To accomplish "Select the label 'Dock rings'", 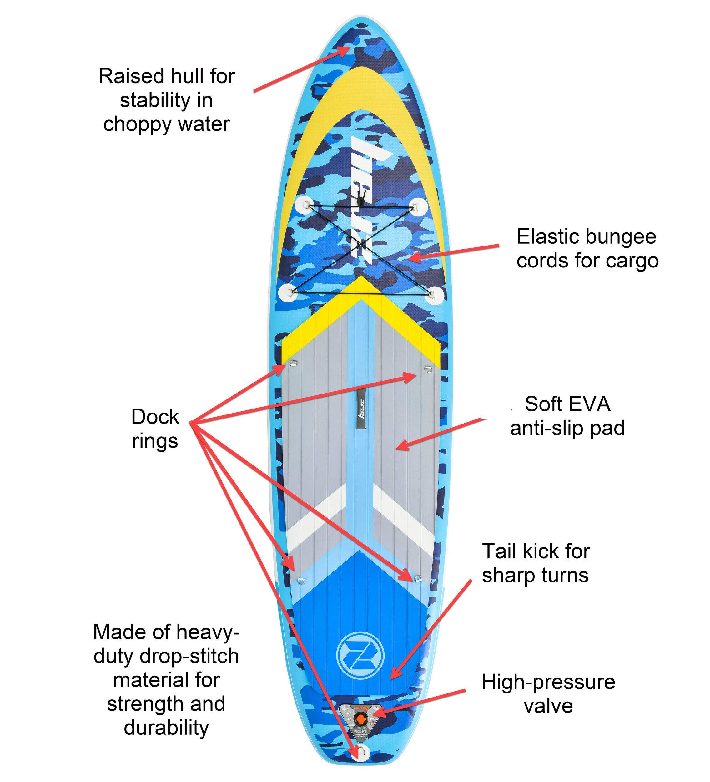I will (x=155, y=429).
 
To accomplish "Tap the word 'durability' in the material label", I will (x=166, y=727).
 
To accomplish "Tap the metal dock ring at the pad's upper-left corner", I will (x=294, y=363).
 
